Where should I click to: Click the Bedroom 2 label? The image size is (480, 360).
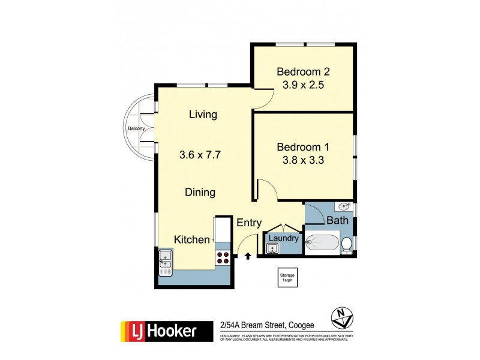(303, 72)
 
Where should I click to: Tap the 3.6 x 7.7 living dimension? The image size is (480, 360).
(200, 154)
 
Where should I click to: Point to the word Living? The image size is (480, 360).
(203, 115)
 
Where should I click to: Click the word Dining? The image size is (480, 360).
(200, 193)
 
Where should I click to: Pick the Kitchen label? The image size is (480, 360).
(191, 239)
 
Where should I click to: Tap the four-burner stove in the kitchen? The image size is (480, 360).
(223, 257)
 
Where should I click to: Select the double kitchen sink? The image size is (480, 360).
(165, 261)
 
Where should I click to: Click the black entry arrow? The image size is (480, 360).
(249, 256)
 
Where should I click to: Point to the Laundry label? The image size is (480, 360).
(283, 238)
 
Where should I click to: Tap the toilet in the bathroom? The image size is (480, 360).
(347, 245)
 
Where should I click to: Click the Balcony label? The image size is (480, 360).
(135, 128)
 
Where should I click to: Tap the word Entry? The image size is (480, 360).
(249, 223)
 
